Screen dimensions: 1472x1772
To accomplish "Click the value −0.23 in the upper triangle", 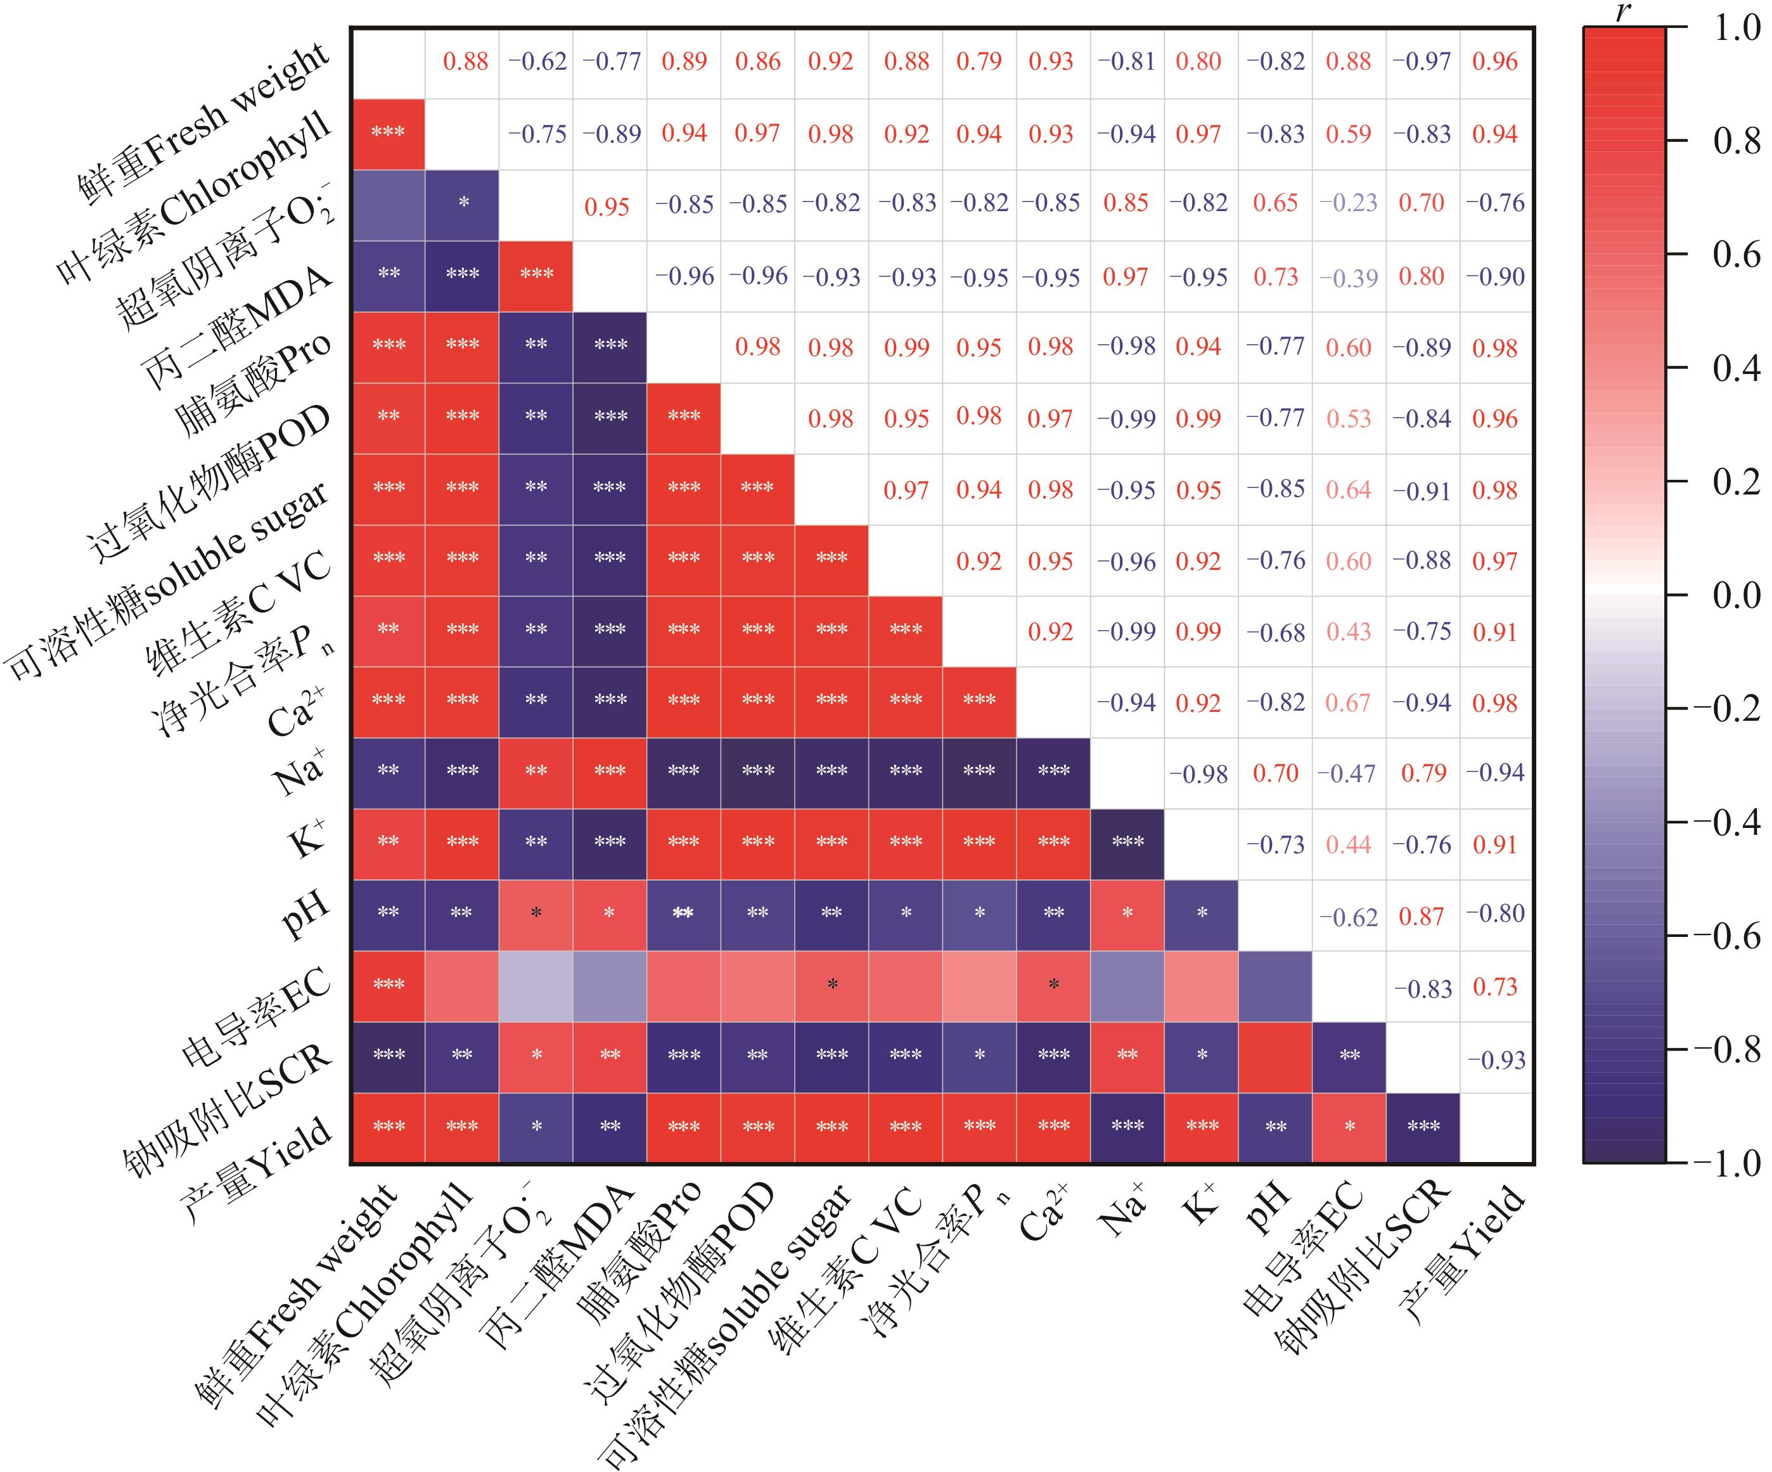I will click(1349, 203).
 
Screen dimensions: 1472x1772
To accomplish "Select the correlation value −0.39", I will click(1349, 278).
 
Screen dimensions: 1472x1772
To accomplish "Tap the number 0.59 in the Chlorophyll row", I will click(1349, 133).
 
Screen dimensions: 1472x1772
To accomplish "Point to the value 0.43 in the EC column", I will click(1349, 632).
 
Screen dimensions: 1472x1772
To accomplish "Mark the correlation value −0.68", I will click(1275, 632).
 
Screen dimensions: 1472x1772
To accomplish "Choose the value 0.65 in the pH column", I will click(1275, 203).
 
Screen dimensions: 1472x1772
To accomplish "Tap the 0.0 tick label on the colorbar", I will click(1736, 595).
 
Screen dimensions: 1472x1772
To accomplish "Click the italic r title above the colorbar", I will click(1622, 11).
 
